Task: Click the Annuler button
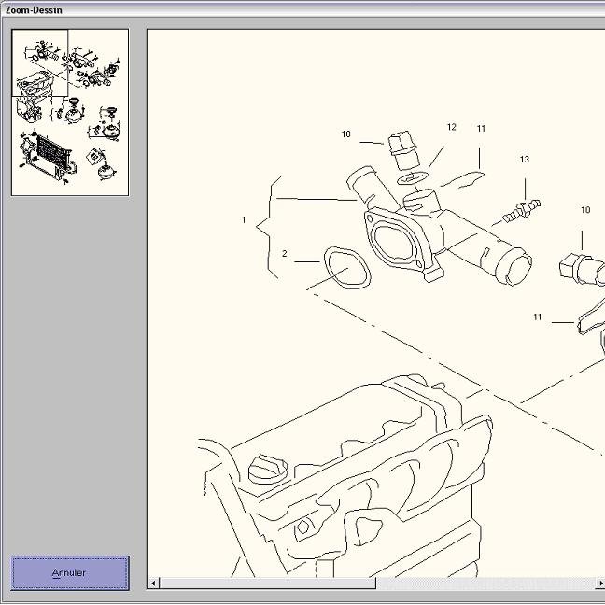70,572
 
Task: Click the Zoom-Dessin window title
34,10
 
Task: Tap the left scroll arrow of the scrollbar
153,583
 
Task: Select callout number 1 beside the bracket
244,219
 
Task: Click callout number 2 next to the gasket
285,254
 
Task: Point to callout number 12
452,127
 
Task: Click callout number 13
525,160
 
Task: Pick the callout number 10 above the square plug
345,134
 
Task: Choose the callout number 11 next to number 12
481,129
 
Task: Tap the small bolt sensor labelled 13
521,210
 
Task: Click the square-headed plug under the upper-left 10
403,150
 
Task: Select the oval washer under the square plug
412,178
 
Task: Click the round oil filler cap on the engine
267,469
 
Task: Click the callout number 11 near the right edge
537,317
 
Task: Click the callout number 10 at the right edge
585,210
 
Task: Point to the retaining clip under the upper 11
463,180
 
